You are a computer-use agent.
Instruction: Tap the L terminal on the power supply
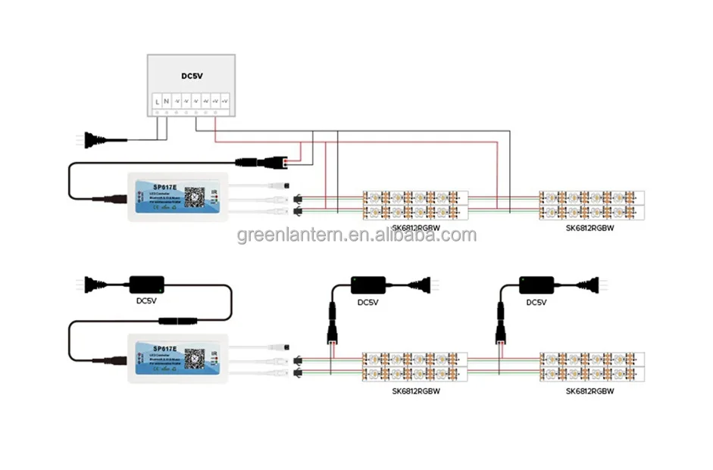click(157, 101)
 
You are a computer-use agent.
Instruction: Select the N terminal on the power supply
click(167, 101)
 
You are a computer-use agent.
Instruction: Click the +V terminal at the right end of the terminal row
click(224, 101)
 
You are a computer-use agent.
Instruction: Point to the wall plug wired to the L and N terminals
click(92, 140)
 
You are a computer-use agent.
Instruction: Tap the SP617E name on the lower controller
click(164, 349)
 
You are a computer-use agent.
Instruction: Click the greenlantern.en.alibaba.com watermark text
click(357, 235)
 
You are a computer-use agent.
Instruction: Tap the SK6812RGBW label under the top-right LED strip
click(589, 227)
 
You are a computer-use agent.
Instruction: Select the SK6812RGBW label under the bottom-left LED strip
click(416, 392)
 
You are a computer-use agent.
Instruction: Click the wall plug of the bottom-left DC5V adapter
click(92, 285)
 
